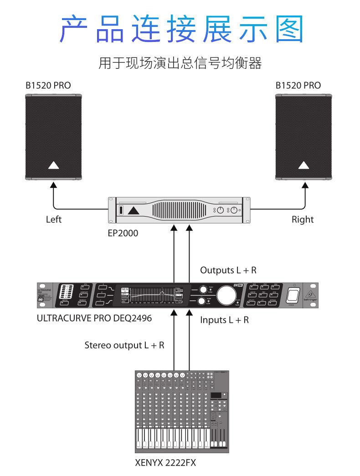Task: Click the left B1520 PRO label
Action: point(48,85)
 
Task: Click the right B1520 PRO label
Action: point(298,85)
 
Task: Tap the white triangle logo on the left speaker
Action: point(53,165)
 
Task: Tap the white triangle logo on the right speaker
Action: point(303,165)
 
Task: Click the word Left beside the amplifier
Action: point(53,219)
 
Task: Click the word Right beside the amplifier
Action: point(303,219)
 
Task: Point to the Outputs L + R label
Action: point(228,270)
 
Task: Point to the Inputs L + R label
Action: point(225,320)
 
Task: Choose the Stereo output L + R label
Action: point(124,345)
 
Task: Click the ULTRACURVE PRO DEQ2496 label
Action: point(94,318)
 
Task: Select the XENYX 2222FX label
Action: point(165,463)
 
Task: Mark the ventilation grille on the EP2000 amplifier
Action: point(180,211)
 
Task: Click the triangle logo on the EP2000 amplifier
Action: point(133,211)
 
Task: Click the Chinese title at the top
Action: point(181,29)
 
